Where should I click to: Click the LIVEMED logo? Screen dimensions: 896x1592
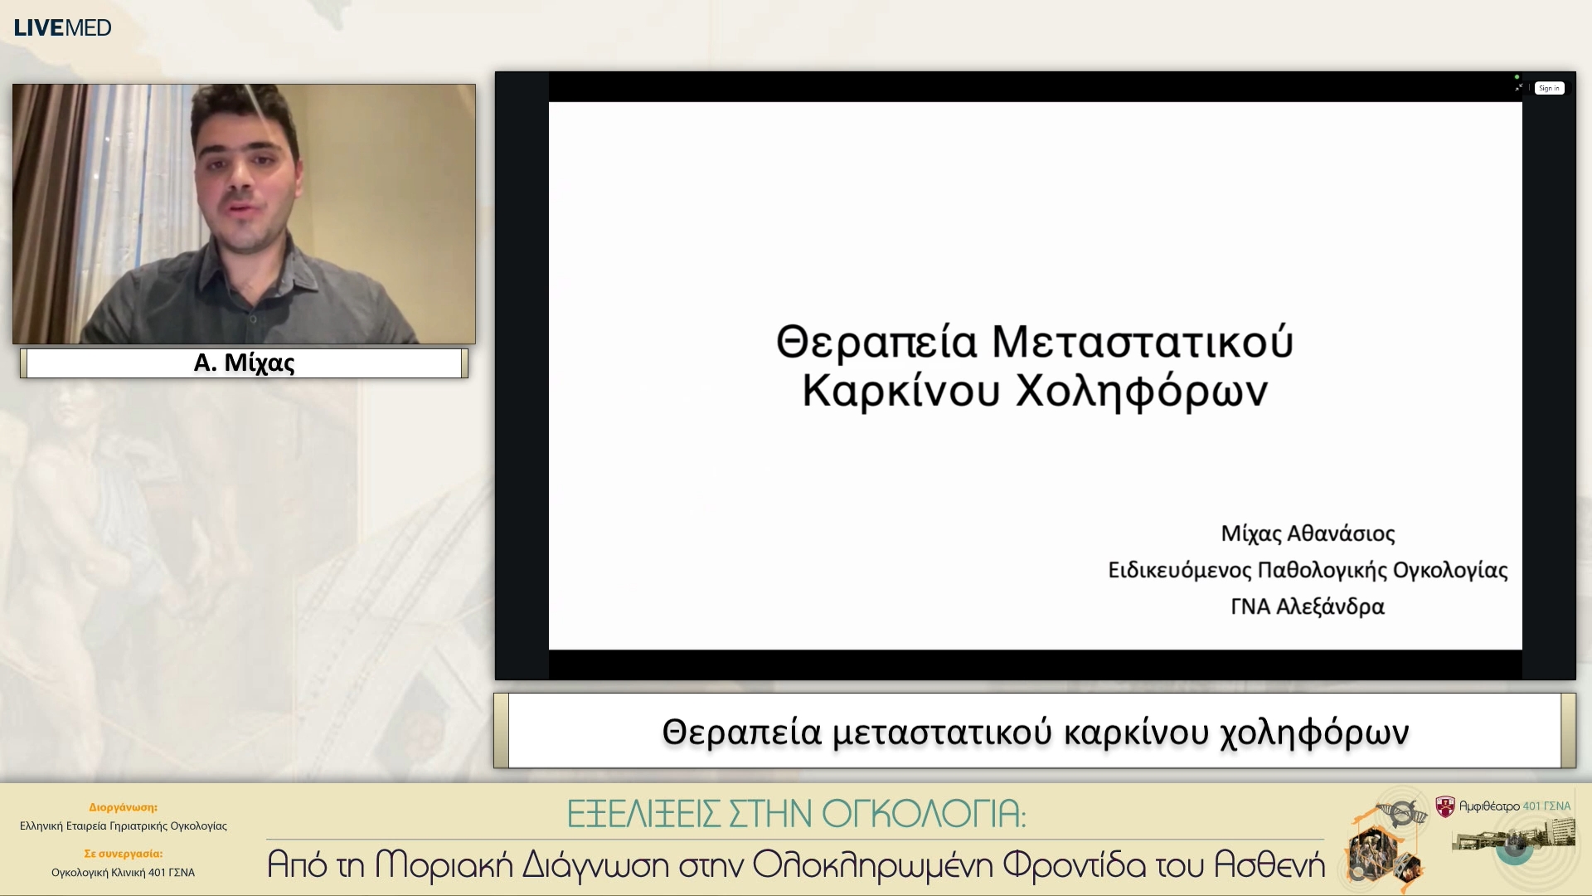pyautogui.click(x=62, y=27)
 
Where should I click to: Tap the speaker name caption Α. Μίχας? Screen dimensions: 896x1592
pyautogui.click(x=244, y=363)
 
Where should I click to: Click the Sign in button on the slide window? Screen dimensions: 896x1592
pyautogui.click(x=1548, y=88)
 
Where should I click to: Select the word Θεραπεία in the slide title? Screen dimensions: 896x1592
pyautogui.click(x=876, y=342)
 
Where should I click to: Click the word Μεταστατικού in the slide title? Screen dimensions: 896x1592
pyautogui.click(x=1142, y=342)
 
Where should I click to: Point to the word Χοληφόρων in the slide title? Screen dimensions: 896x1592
pyautogui.click(x=1142, y=391)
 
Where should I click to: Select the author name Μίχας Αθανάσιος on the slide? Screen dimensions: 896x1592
pyautogui.click(x=1308, y=533)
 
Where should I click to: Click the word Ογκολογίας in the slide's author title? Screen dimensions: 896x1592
pyautogui.click(x=1450, y=570)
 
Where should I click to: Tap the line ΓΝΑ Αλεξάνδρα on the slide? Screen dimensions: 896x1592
pyautogui.click(x=1308, y=606)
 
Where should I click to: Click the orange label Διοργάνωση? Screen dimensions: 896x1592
pyautogui.click(x=123, y=807)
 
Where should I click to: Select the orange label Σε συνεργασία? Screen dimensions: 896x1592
pyautogui.click(x=123, y=854)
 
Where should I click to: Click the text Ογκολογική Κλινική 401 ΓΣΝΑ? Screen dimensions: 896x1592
pyautogui.click(x=123, y=873)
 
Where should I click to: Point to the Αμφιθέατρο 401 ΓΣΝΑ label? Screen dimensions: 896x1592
pyautogui.click(x=1514, y=806)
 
